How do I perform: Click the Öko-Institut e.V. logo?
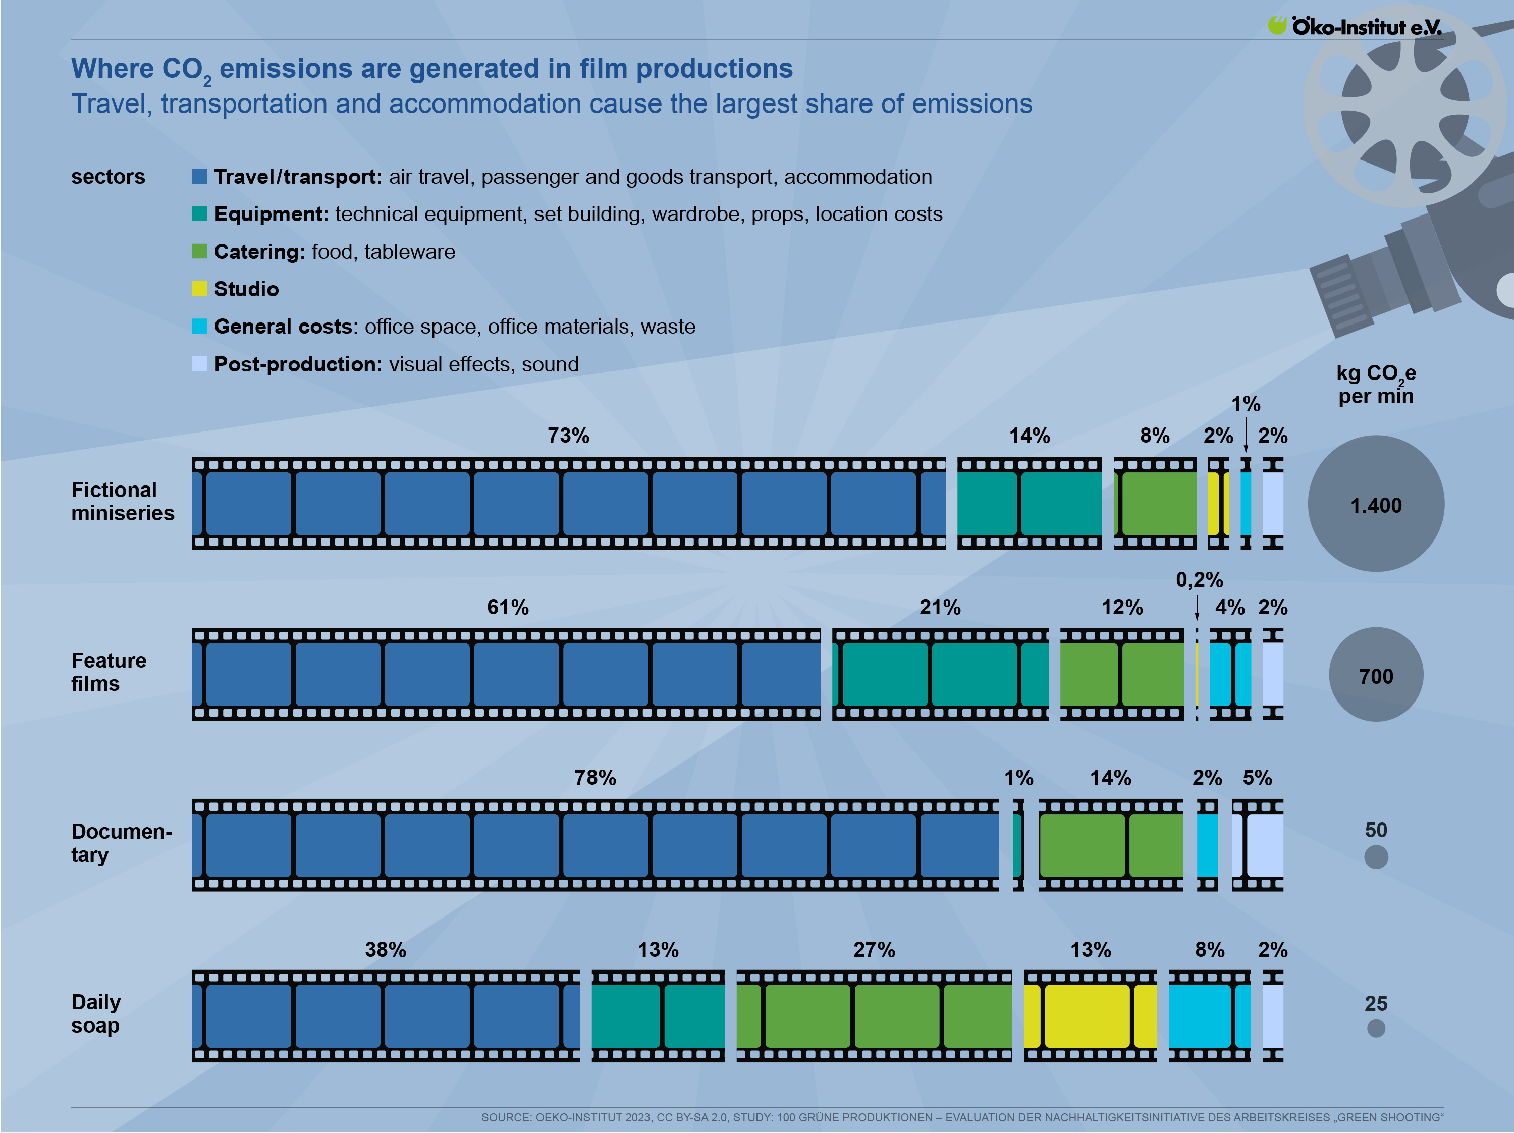coord(1355,26)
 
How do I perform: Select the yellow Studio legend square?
coord(199,289)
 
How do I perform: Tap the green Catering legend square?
coord(199,251)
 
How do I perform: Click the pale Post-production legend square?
coord(199,363)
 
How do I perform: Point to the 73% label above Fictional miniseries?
coord(568,436)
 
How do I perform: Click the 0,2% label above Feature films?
coord(1199,580)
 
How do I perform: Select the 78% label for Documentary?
coord(595,778)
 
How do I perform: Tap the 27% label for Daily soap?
coord(874,949)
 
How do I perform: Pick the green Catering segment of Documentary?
coord(1110,845)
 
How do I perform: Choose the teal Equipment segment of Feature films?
coord(940,674)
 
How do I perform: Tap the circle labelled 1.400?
coord(1376,504)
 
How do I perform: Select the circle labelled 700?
coord(1376,675)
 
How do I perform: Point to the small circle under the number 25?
coord(1376,1028)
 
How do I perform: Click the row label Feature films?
coord(109,672)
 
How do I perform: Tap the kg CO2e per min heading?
coord(1376,385)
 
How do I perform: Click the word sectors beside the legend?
coord(108,177)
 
